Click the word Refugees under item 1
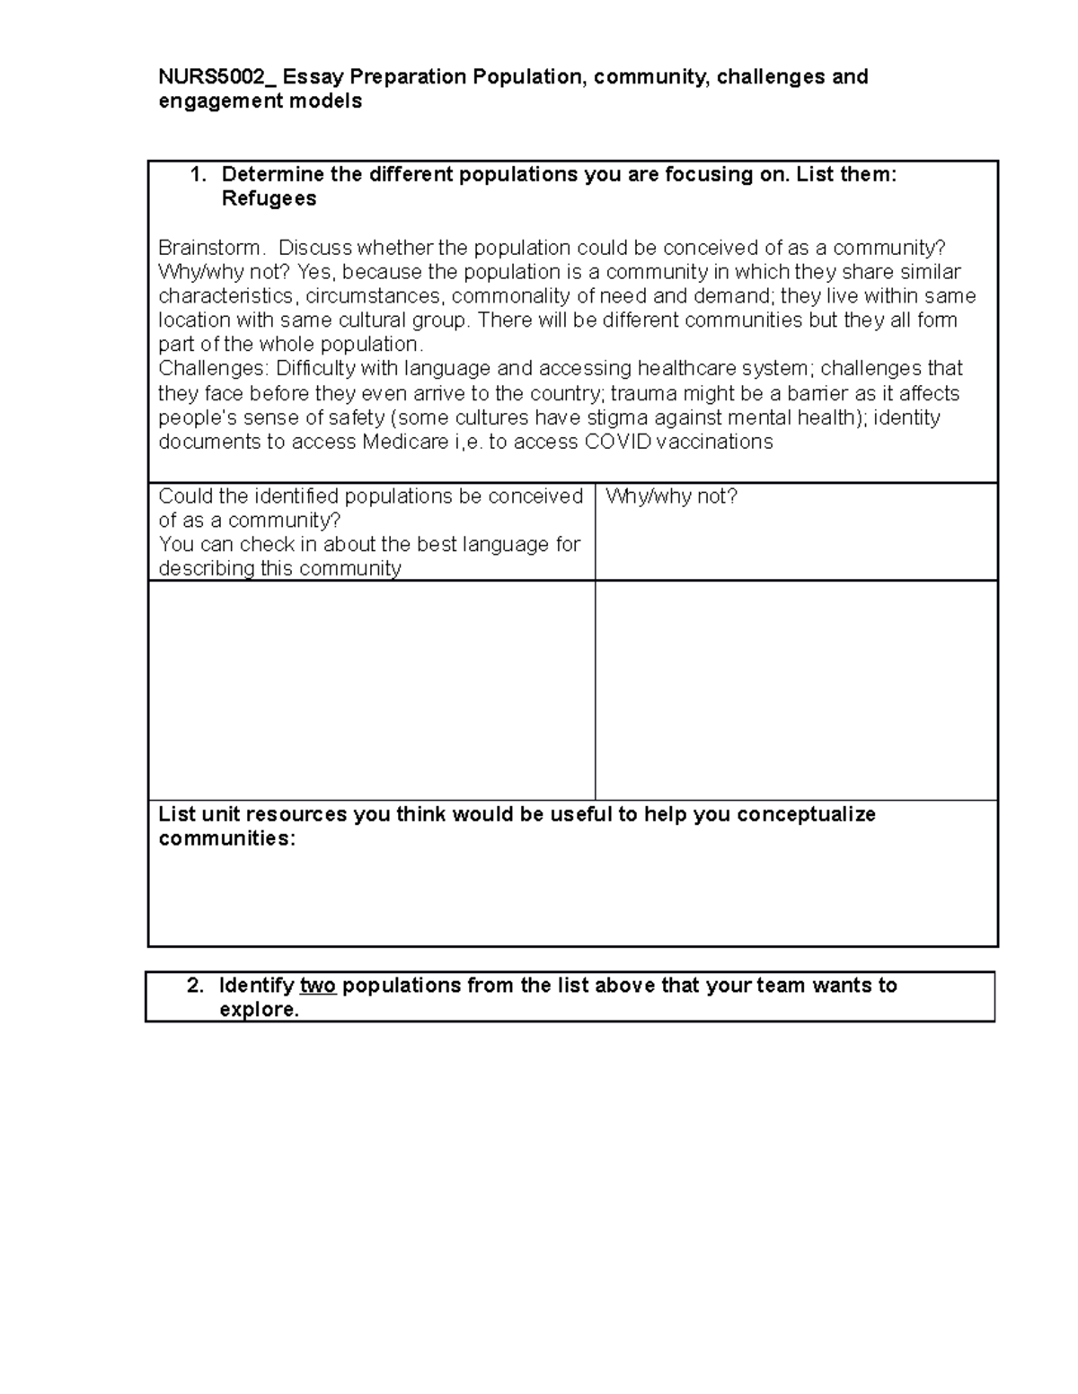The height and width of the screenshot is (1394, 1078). [269, 199]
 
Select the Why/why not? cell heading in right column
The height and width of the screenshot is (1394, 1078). [671, 496]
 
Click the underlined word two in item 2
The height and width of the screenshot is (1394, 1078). [318, 986]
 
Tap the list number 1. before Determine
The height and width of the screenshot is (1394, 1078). [199, 175]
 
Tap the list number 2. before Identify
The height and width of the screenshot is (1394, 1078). [195, 986]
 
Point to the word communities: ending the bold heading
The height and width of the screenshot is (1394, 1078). [226, 838]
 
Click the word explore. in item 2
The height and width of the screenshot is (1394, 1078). [259, 1010]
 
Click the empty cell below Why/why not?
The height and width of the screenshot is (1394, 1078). [796, 689]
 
